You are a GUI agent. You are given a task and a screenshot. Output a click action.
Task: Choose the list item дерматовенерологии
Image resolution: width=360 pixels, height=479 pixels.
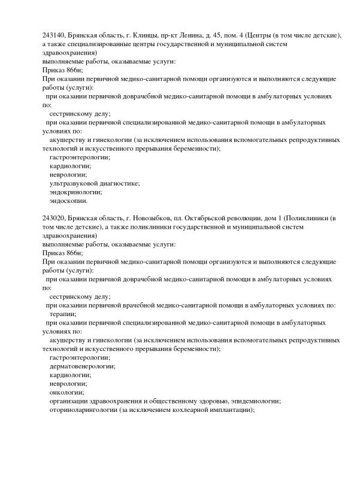click(82, 365)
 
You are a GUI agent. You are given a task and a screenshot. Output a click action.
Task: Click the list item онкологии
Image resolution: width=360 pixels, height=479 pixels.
click(66, 392)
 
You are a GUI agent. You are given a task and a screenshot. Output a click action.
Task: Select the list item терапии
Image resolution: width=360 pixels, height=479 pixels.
click(62, 313)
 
